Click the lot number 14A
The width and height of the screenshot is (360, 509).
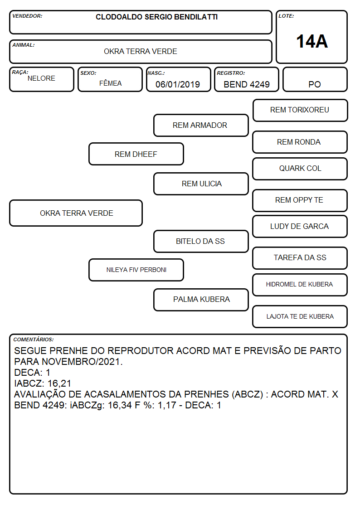[x=311, y=42]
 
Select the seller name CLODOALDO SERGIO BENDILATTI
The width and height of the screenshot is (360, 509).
[x=156, y=17]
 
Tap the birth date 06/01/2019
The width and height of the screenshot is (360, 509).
[x=178, y=84]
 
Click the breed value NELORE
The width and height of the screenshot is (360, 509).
[x=41, y=78]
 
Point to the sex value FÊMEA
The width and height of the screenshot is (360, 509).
[x=110, y=83]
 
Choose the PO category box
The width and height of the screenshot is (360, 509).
[x=315, y=79]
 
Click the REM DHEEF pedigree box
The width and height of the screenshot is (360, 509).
[x=136, y=154]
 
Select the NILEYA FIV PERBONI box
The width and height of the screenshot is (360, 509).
[x=136, y=270]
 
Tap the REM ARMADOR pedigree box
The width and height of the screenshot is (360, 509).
[x=201, y=125]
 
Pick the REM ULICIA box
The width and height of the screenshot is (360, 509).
[x=201, y=184]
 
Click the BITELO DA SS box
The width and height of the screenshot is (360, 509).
[x=201, y=241]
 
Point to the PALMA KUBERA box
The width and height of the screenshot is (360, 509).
[x=201, y=300]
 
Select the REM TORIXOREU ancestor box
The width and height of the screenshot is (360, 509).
[x=300, y=111]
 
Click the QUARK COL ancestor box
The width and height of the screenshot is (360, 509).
[x=300, y=169]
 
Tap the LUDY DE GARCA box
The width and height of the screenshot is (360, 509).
[x=300, y=226]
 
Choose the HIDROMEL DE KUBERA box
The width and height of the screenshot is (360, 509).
[x=300, y=285]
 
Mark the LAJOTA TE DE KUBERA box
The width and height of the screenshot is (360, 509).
[x=300, y=316]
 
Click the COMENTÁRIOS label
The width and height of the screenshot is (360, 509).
[x=34, y=339]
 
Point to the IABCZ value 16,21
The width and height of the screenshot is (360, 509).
[x=59, y=383]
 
